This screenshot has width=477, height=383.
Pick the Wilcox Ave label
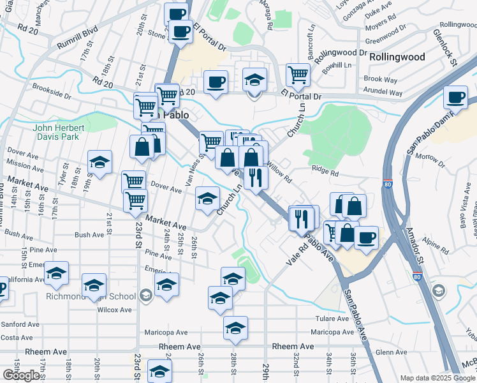pos(114,310)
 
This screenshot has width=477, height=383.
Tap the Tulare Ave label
pos(332,319)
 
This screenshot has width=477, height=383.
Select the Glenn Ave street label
pos(392,352)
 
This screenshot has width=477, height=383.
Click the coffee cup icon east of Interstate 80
pos(455,97)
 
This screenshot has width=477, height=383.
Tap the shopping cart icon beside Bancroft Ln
pos(298,75)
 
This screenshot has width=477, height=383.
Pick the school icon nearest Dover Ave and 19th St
pos(100,162)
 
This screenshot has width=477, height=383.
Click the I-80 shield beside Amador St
pos(416,276)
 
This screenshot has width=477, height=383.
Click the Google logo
pos(21,375)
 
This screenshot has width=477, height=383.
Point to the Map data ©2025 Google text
pos(436,378)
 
